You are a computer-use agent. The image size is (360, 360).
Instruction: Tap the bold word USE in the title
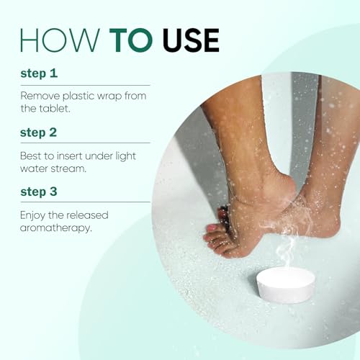coord(185,40)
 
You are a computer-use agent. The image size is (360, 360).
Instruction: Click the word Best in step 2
coord(31,155)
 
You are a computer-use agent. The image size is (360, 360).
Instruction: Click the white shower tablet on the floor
coord(286,284)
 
